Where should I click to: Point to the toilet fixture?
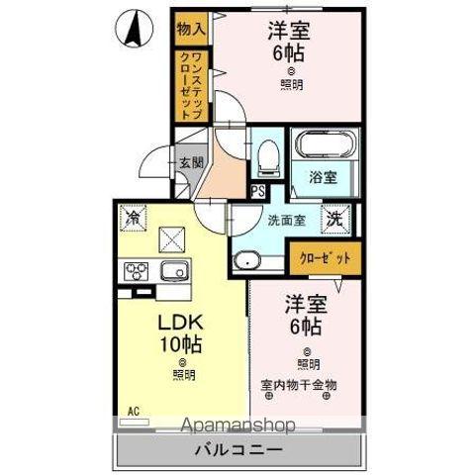pyautogui.click(x=265, y=155)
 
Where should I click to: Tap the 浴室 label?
pyautogui.click(x=324, y=178)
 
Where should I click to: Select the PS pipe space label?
pyautogui.click(x=257, y=192)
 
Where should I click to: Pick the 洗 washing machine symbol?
pyautogui.click(x=336, y=219)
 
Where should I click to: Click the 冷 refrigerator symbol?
pyautogui.click(x=132, y=216)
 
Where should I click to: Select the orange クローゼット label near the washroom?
pyautogui.click(x=327, y=259)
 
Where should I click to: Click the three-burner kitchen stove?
pyautogui.click(x=135, y=270)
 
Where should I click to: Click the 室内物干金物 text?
pyautogui.click(x=300, y=383)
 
